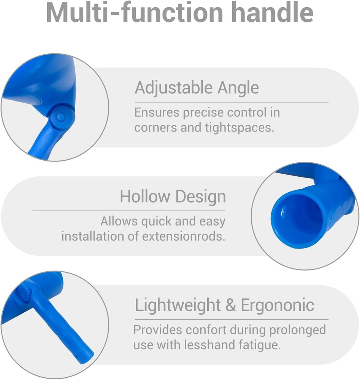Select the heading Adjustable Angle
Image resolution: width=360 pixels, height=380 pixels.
point(197,88)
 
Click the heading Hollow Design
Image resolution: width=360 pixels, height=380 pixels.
point(173,197)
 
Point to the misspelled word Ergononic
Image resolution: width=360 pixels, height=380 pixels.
point(278,306)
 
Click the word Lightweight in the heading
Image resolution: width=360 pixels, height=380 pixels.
point(178,305)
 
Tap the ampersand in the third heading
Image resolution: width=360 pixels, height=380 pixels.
point(230,305)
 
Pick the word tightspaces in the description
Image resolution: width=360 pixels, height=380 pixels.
point(239,128)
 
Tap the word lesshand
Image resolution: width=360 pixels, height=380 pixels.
point(210,345)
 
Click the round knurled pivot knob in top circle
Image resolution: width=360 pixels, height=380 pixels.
point(62,117)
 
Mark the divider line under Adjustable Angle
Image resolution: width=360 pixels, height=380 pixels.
point(232,102)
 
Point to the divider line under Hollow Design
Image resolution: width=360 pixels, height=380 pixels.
point(128,211)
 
